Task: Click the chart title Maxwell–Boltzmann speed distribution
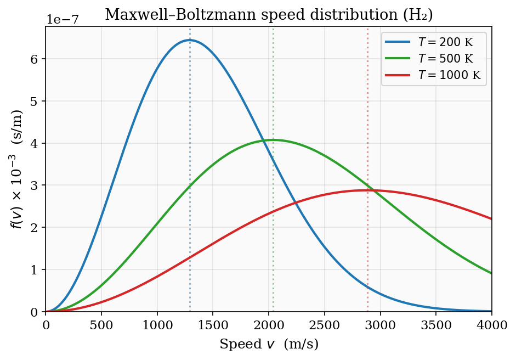point(269,15)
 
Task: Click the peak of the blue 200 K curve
point(190,40)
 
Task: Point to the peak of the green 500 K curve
point(273,140)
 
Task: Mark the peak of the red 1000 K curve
point(367,190)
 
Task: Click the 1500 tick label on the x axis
point(213,324)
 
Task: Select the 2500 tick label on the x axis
point(325,324)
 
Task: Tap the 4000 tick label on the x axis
point(491,324)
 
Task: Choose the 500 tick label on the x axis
point(101,324)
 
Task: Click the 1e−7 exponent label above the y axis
point(61,19)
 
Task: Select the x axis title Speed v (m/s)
point(269,344)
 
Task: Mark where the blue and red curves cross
point(296,203)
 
